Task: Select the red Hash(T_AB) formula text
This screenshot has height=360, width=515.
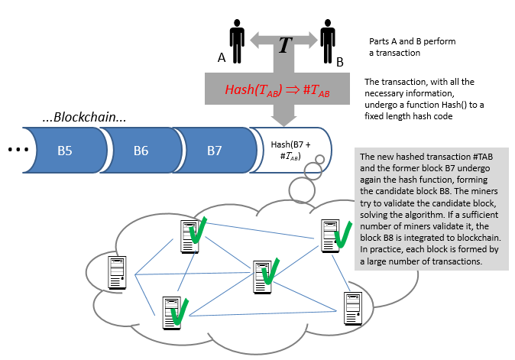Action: point(277,89)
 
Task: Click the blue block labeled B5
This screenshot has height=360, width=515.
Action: point(65,151)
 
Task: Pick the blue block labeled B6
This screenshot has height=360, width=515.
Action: point(141,151)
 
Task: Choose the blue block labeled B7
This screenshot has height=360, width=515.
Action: point(214,151)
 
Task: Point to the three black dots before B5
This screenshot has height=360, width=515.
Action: point(16,151)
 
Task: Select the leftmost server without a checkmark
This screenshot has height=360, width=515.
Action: point(117,271)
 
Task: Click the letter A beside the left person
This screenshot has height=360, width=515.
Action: point(221,57)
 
